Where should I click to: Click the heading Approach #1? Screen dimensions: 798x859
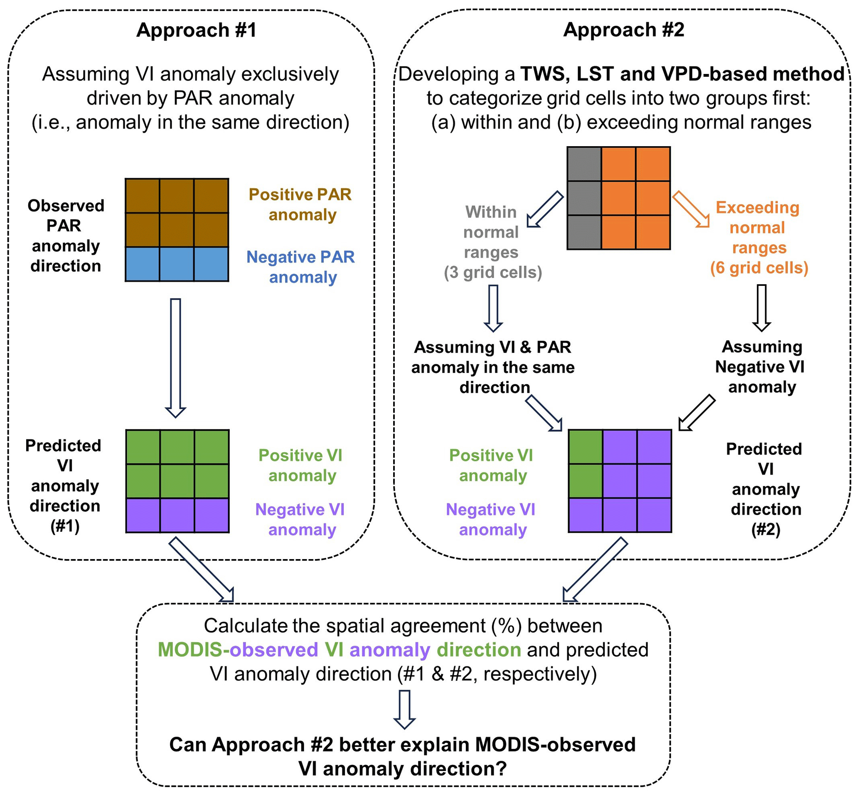tap(197, 30)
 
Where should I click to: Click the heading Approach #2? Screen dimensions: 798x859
tap(623, 30)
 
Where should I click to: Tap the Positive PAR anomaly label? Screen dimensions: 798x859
tap(301, 204)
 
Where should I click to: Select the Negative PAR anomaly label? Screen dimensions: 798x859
tap(301, 267)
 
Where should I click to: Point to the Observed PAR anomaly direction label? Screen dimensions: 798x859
tap(66, 236)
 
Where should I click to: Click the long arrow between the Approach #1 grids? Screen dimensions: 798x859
tap(175, 358)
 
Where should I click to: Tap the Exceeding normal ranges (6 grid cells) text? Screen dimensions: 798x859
tap(759, 238)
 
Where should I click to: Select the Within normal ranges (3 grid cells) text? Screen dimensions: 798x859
tap(492, 242)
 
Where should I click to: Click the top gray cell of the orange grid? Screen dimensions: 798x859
tap(584, 164)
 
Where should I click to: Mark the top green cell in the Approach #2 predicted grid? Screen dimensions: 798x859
tap(586, 447)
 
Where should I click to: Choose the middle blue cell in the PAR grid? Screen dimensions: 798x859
tap(177, 264)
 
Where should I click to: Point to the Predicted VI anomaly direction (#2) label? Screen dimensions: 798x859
tap(765, 489)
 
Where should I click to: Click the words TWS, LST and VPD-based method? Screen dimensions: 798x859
tap(682, 74)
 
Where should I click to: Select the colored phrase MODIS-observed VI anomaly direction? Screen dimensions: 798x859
tap(339, 650)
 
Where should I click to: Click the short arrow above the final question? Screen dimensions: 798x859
tap(404, 709)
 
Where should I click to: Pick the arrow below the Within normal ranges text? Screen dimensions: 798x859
tap(493, 308)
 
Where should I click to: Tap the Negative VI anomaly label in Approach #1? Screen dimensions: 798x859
tap(301, 520)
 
